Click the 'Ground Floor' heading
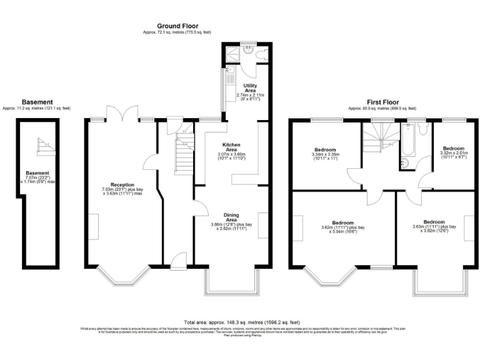[177, 26]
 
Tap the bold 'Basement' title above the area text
[37, 102]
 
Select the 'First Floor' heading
[382, 102]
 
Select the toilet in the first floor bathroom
[423, 128]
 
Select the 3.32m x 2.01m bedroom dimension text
[452, 156]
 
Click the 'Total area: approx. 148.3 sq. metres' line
[240, 319]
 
